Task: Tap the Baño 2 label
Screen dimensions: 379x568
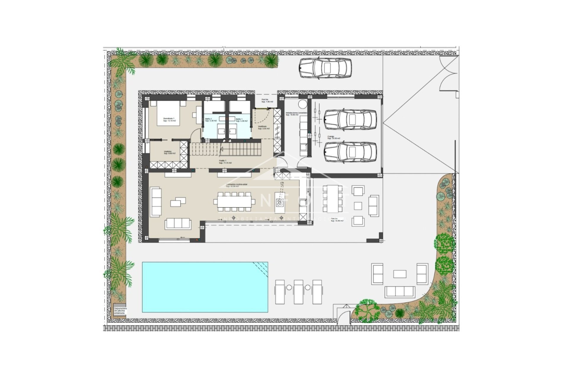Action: (x=211, y=120)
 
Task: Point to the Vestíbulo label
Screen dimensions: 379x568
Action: (x=264, y=127)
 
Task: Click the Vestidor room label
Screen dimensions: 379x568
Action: (x=170, y=152)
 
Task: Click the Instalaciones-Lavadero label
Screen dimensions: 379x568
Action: (x=296, y=114)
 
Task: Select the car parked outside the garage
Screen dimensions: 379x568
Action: (x=325, y=68)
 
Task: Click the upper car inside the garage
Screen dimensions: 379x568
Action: (x=350, y=120)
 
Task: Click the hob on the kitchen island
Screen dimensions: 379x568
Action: (x=280, y=203)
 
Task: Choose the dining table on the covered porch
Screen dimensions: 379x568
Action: (x=333, y=199)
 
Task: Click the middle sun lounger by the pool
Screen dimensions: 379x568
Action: (x=298, y=292)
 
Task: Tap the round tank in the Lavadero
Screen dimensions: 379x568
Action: (x=302, y=105)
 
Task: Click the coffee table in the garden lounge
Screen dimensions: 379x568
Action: (x=400, y=274)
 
